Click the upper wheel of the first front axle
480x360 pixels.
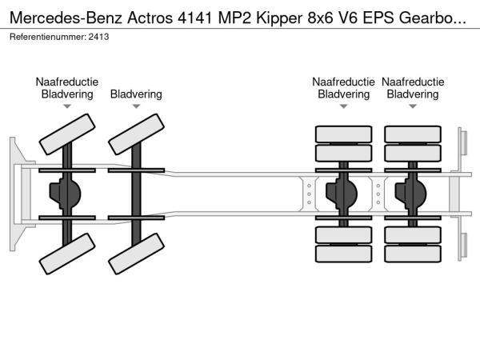coord(66,133)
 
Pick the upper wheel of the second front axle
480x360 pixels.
coord(136,133)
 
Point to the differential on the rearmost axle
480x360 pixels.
coord(414,194)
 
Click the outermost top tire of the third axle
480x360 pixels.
coord(343,134)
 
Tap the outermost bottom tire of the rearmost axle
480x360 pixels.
coord(413,254)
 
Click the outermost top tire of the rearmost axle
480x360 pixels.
coord(413,134)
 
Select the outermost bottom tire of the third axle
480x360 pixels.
coord(343,254)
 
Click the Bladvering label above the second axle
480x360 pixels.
coord(136,94)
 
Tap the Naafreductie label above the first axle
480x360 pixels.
coord(66,82)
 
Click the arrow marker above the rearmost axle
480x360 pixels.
coord(413,106)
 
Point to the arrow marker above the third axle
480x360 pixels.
coord(343,106)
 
